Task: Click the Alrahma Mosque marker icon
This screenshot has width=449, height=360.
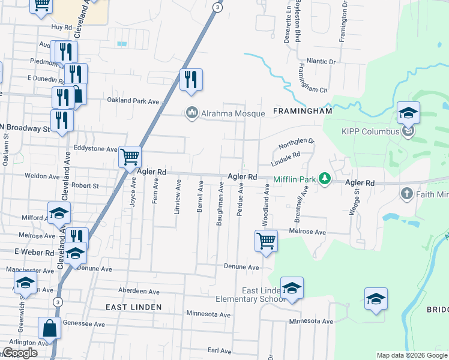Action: (192, 112)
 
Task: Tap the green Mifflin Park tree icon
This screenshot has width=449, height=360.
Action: (325, 178)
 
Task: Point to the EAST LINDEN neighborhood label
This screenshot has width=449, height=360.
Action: (134, 307)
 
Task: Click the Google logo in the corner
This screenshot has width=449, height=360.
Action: (20, 353)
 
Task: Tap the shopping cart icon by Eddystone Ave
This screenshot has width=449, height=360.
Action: (130, 158)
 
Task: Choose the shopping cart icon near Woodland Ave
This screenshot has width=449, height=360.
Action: (266, 241)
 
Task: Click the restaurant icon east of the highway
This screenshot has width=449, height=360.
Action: (191, 80)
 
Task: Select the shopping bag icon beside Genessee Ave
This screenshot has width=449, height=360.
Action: (49, 328)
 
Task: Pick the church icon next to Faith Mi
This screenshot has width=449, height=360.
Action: (406, 193)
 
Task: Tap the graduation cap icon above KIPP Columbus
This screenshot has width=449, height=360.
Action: (408, 112)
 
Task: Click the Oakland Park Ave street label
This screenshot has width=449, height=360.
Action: (133, 101)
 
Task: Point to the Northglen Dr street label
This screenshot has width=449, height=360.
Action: (296, 143)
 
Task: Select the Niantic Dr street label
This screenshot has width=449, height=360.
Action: (321, 61)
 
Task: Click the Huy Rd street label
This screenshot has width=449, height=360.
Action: (61, 27)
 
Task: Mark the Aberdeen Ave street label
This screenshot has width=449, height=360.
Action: (139, 291)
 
